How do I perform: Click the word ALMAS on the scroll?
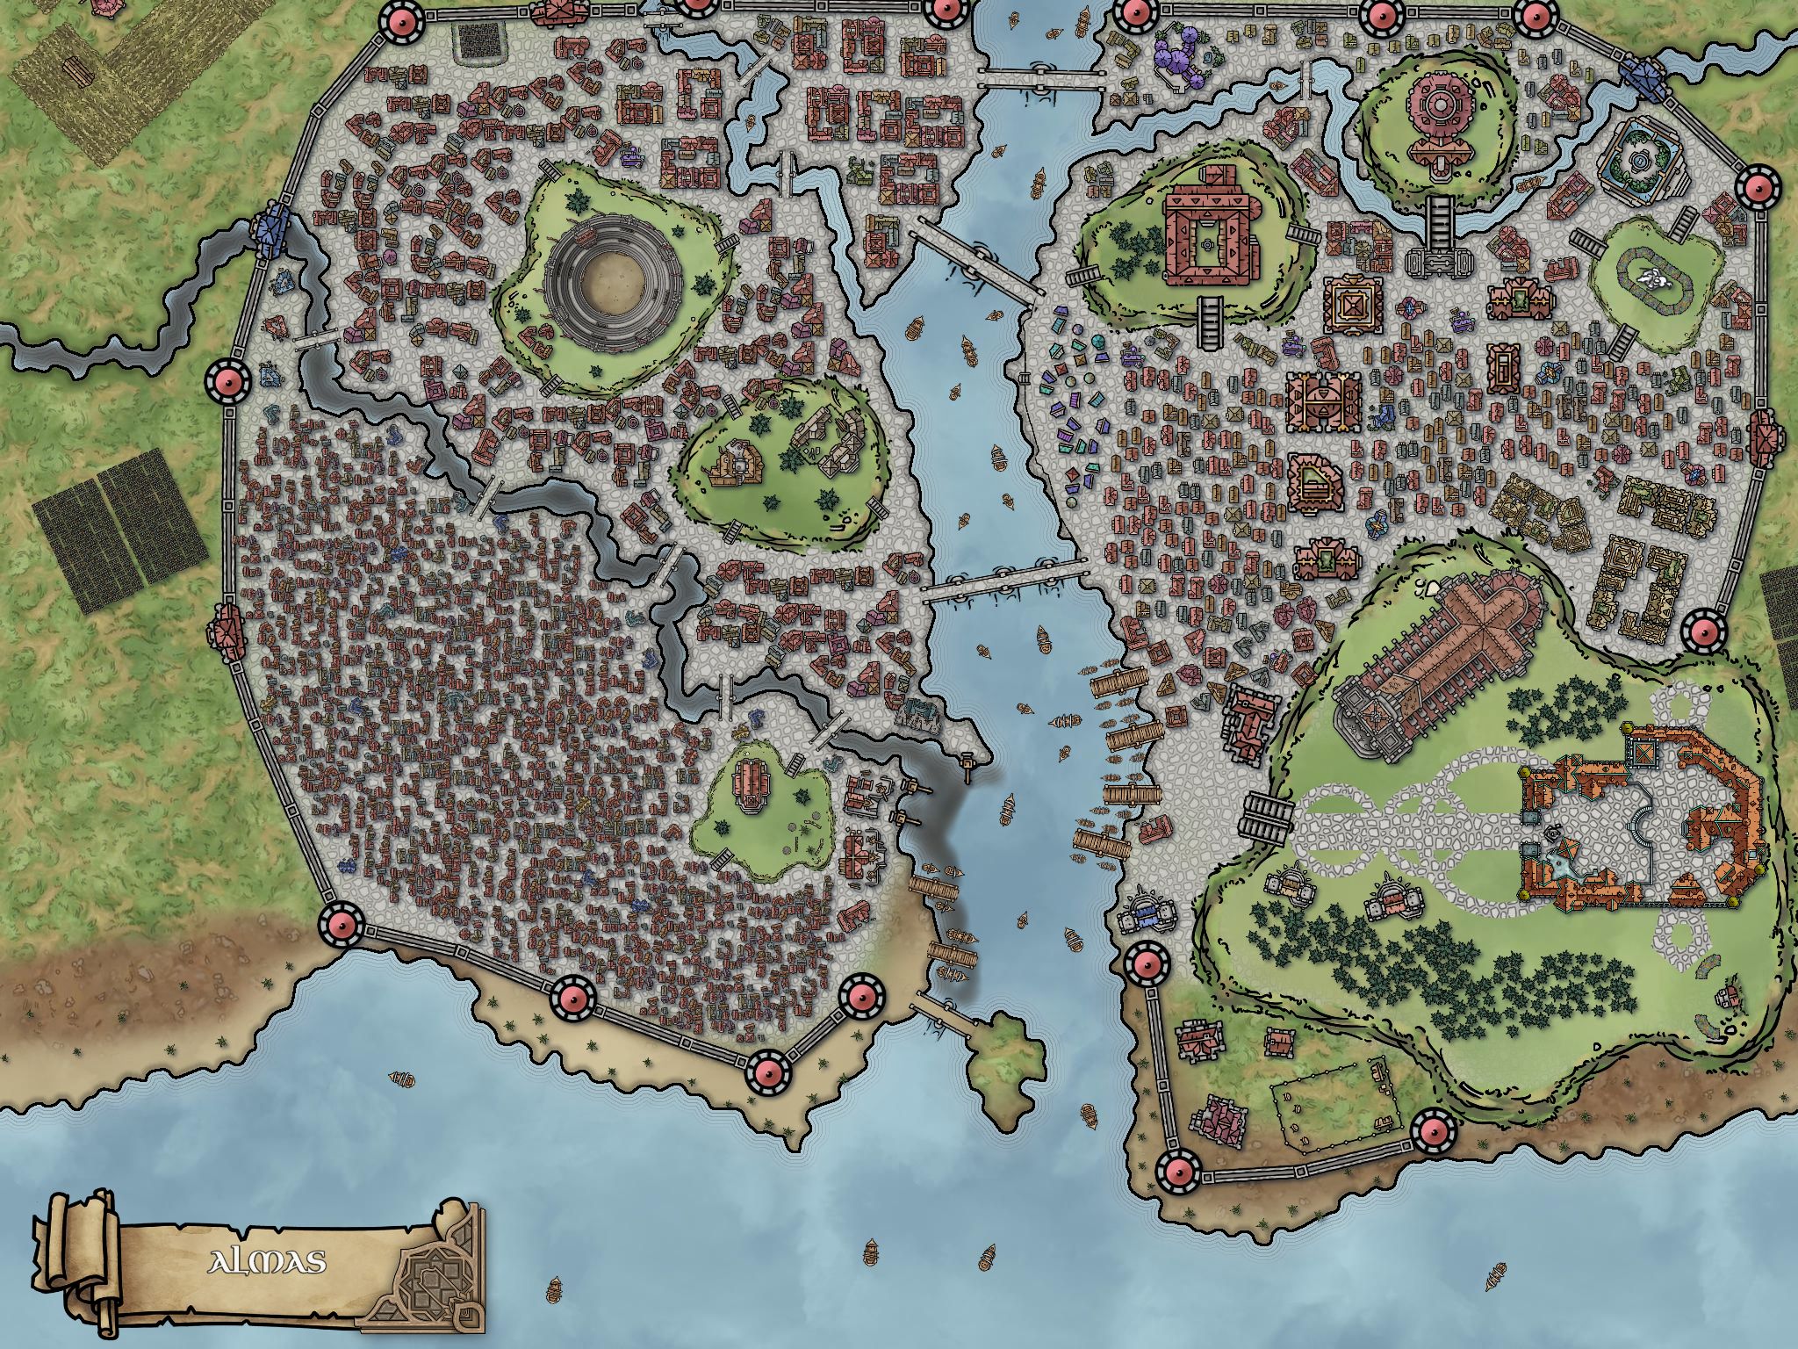pos(267,1263)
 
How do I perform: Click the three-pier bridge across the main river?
pos(1005,581)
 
